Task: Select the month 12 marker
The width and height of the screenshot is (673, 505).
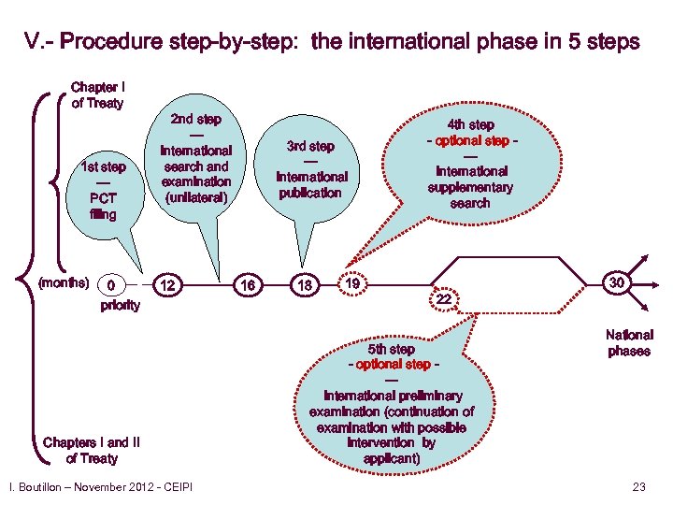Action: (166, 283)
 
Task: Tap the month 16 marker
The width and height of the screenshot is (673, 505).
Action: (250, 283)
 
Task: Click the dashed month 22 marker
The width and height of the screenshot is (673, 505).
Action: (444, 298)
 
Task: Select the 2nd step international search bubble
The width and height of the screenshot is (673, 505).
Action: (195, 159)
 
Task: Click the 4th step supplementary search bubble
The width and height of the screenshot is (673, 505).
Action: (470, 163)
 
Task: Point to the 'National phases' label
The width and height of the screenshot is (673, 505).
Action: (629, 342)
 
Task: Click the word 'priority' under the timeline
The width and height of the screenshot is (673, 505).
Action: (120, 305)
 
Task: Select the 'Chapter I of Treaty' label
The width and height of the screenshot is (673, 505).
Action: (97, 95)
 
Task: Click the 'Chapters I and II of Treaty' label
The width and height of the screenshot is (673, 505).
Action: (92, 450)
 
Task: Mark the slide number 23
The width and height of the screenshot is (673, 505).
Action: (639, 486)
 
